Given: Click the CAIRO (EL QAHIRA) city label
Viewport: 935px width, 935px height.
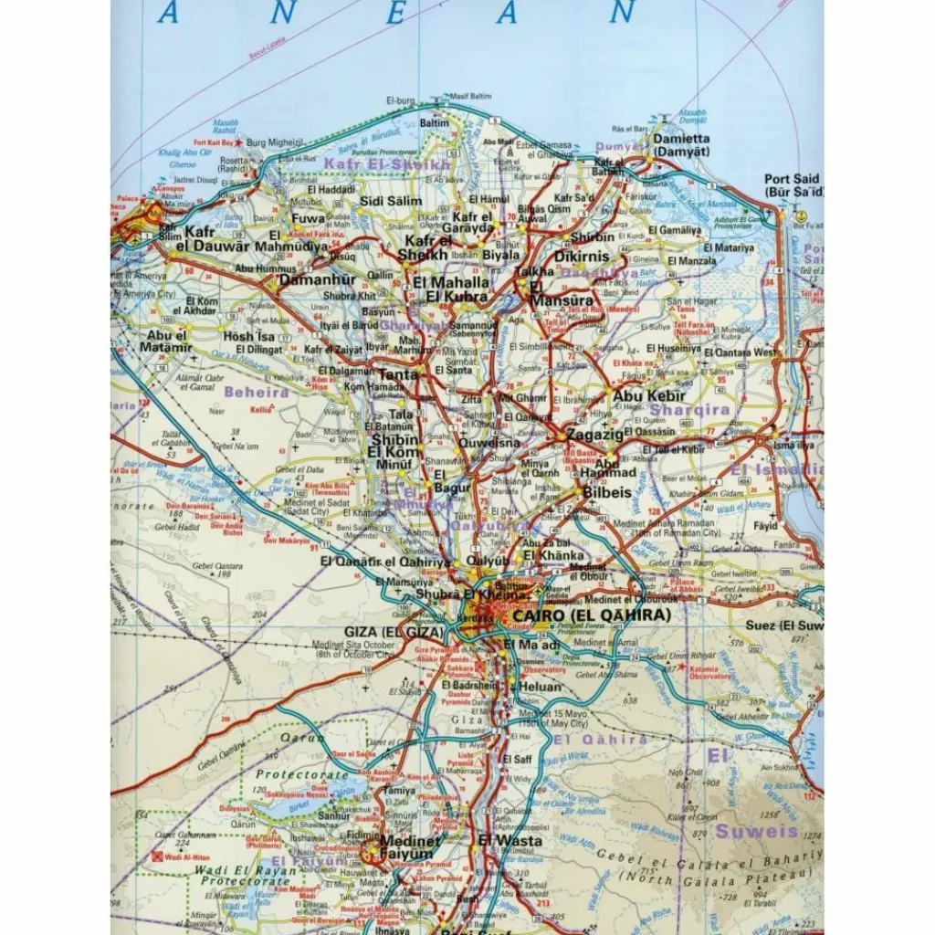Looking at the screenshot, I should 592,616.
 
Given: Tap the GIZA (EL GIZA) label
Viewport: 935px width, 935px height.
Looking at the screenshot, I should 394,631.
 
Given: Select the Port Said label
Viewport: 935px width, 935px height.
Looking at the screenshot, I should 793,185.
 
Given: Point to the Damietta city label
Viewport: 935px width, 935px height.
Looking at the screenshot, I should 680,145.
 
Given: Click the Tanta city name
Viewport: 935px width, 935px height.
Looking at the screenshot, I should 398,374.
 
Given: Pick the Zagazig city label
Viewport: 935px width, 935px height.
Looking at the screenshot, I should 594,435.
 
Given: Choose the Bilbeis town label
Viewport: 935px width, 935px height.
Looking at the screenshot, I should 607,492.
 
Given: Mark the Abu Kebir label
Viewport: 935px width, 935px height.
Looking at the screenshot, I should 648,395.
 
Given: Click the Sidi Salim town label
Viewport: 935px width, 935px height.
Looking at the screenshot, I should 391,201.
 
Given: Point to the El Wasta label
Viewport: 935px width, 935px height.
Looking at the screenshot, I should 510,840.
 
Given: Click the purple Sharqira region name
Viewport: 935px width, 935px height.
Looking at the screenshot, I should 689,410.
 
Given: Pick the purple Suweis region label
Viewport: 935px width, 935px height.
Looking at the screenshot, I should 756,832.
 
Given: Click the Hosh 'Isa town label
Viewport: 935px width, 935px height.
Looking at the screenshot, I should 248,336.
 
